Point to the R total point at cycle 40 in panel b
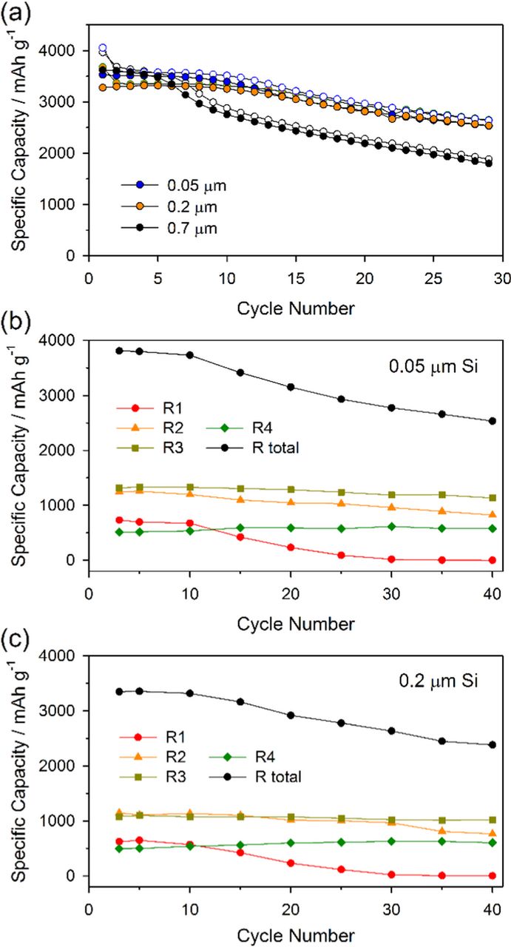tap(493, 422)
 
